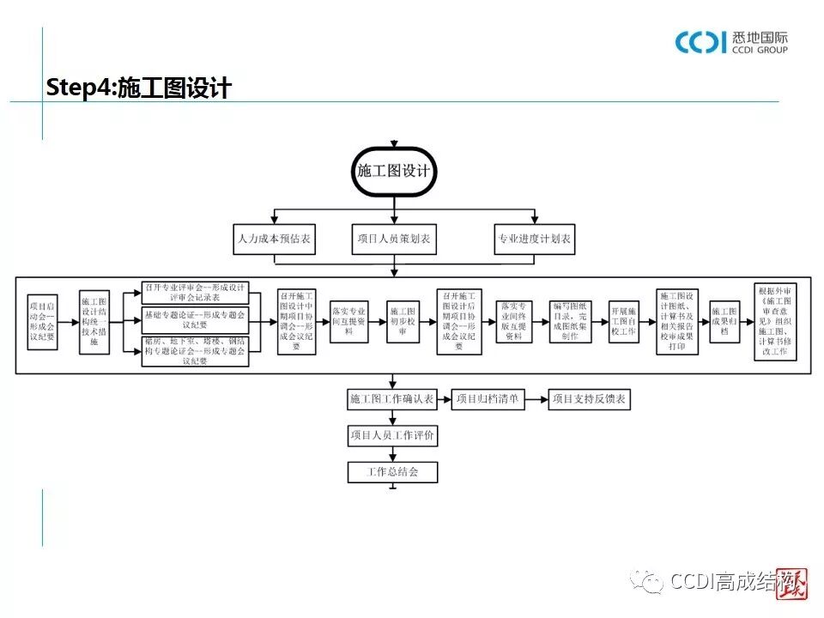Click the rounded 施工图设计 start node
393,170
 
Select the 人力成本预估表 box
274,239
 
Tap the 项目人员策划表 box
393,239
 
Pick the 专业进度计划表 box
533,239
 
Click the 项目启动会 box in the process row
42,321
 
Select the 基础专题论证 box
195,320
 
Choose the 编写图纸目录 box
571,321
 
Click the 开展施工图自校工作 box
623,321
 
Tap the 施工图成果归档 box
725,321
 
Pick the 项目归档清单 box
488,399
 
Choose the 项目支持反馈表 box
589,399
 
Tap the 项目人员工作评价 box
392,436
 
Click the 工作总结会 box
392,472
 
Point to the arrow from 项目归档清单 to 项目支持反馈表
536,399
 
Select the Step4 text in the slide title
80,88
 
